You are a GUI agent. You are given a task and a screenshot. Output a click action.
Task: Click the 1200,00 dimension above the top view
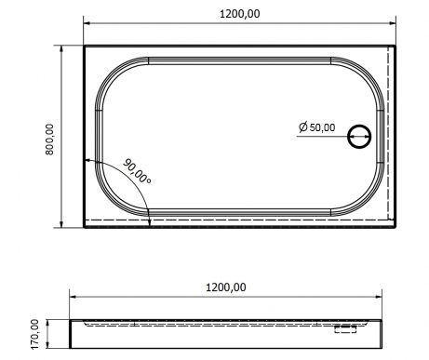click(240, 14)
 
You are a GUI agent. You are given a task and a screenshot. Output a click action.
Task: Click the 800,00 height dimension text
click(49, 140)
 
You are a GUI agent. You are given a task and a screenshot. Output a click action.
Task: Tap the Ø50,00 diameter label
click(317, 127)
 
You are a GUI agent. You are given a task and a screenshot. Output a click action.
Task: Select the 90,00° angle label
click(137, 171)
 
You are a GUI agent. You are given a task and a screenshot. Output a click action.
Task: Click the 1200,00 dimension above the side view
click(226, 287)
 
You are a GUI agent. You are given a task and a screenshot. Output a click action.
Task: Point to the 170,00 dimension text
click(36, 334)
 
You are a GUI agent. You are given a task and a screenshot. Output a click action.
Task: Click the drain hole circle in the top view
click(359, 137)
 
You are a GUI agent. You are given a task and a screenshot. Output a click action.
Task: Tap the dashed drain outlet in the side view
click(345, 328)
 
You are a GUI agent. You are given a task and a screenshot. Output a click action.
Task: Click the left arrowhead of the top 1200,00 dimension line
click(87, 23)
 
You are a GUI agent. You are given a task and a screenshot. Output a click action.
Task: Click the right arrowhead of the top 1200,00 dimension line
click(393, 23)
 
